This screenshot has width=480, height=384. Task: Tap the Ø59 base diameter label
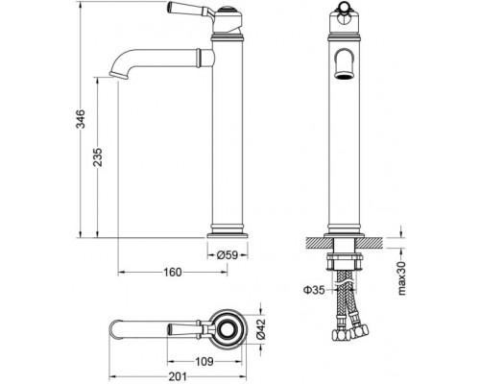pyautogui.click(x=228, y=254)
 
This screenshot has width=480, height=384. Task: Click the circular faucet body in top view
pyautogui.click(x=229, y=329)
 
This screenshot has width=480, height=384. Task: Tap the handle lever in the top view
pyautogui.click(x=182, y=329)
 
